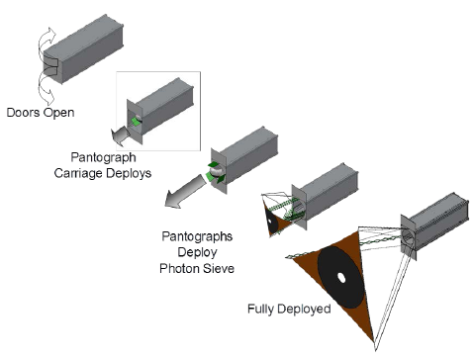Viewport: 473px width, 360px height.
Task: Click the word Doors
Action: tap(24, 112)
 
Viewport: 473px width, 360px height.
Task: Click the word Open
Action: tap(58, 113)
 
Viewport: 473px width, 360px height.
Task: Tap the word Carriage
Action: tap(78, 173)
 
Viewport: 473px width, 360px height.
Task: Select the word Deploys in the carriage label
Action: tap(128, 173)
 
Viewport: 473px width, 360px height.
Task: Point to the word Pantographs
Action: tap(197, 236)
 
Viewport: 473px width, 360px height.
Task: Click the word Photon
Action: tap(179, 268)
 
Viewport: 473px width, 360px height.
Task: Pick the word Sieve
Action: tap(218, 268)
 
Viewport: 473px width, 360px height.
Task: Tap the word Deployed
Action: tap(304, 310)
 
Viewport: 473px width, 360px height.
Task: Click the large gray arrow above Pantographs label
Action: tap(187, 193)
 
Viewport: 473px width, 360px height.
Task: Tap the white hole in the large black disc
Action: tap(341, 278)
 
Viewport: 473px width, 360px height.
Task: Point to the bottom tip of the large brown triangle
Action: tap(374, 342)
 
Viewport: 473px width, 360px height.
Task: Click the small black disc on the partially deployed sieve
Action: tap(272, 221)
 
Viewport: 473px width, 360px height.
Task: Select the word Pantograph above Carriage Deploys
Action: tap(103, 157)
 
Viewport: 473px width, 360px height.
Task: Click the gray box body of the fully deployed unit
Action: tap(435, 225)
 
